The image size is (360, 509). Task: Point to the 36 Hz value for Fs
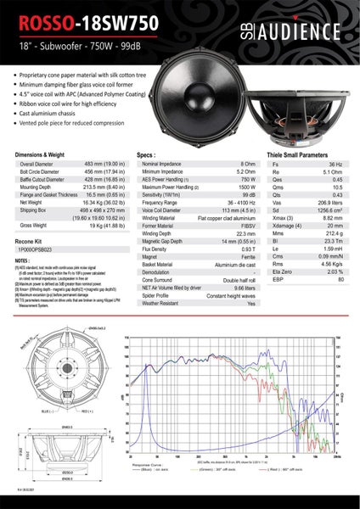pyautogui.click(x=335, y=164)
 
